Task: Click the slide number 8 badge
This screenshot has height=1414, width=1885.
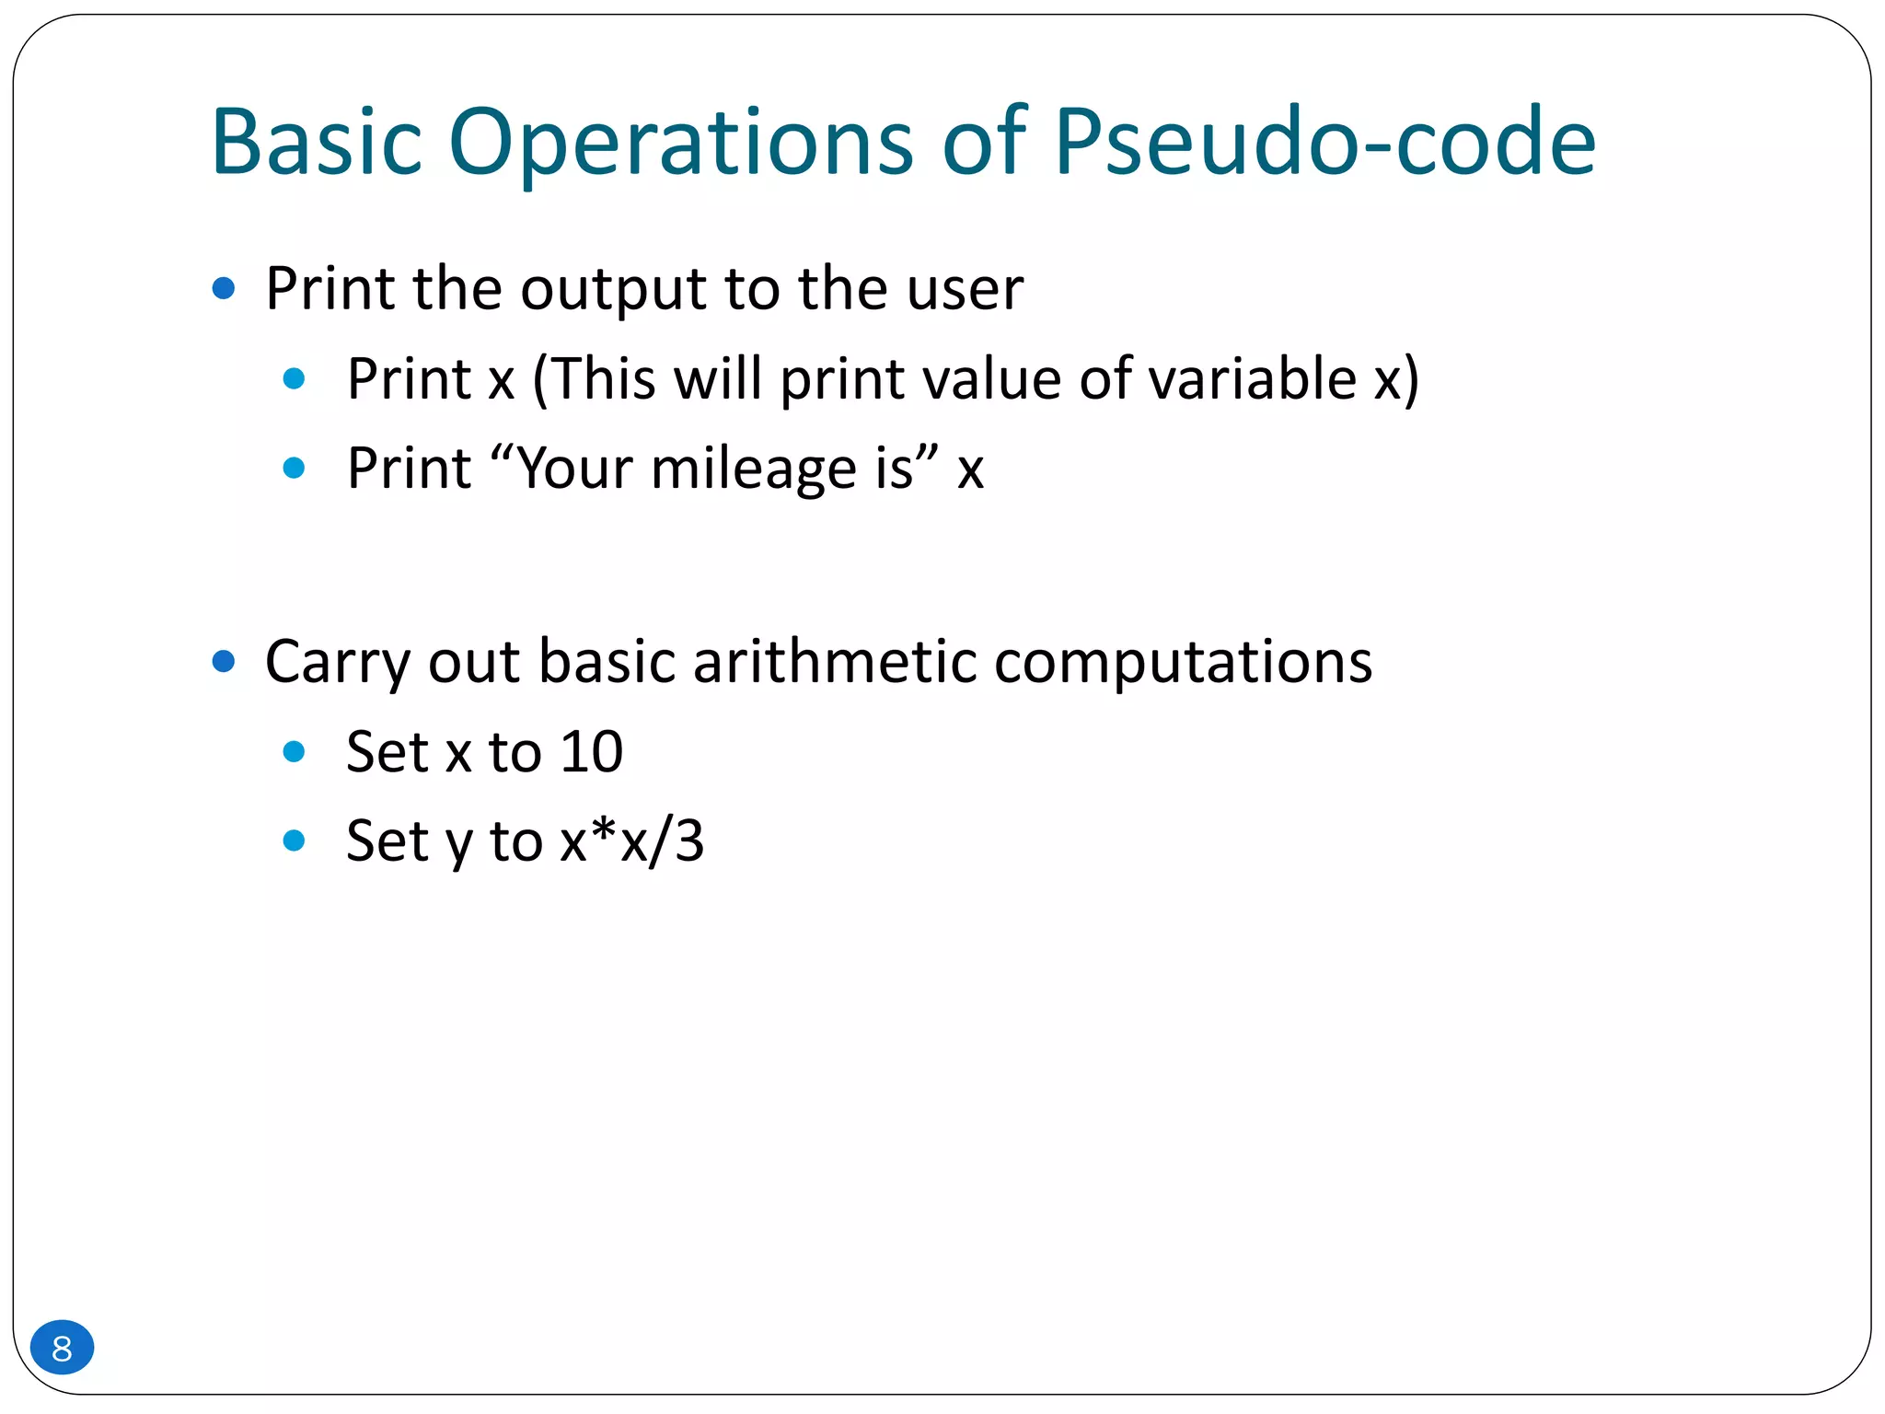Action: [62, 1348]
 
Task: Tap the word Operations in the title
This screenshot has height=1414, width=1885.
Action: [680, 143]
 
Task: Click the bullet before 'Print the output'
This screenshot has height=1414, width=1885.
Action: [224, 289]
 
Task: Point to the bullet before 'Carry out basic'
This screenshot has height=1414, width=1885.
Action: [224, 661]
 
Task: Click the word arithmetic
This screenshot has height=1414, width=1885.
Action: [834, 661]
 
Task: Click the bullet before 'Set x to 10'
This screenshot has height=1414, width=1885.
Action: [295, 752]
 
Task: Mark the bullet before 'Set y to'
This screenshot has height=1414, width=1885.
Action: [295, 840]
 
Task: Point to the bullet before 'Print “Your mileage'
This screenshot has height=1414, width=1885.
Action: [295, 468]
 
